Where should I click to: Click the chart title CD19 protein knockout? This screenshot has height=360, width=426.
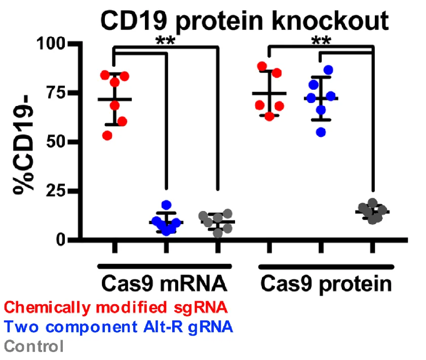245,21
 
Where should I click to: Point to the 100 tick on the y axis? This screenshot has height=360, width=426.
51,44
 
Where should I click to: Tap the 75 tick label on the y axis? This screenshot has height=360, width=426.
56,93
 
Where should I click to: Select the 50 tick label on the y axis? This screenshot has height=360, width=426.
56,142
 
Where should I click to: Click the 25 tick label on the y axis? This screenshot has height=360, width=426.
56,191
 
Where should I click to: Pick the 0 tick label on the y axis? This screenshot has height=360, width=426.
61,240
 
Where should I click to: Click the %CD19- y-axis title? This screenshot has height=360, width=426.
23,145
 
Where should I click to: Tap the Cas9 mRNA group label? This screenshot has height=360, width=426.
164,283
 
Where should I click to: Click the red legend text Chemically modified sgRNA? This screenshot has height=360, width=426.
115,308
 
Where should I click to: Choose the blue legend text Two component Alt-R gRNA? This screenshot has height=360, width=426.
119,327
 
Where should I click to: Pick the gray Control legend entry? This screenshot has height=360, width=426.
34,346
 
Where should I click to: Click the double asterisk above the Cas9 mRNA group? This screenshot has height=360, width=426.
166,41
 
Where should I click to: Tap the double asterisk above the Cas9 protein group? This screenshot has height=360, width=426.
322,41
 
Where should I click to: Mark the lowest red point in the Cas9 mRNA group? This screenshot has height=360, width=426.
107,135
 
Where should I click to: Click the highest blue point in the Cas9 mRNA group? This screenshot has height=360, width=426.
166,205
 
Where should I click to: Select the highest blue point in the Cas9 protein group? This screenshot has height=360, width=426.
328,70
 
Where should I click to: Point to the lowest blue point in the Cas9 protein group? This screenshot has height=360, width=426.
321,132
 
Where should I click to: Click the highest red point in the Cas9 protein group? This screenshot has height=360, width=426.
262,66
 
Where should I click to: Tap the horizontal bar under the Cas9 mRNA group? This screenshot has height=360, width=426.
165,266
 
